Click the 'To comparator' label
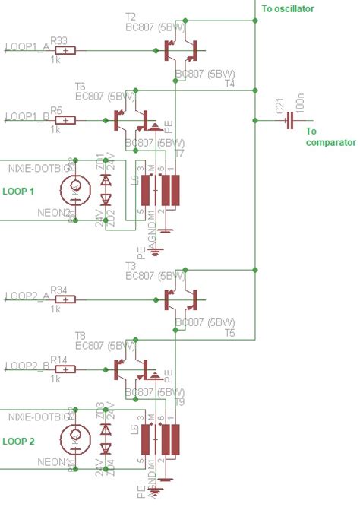(321, 136)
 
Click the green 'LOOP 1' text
(19, 191)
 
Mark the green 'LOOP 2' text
(19, 440)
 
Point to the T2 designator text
(131, 16)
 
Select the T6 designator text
(81, 87)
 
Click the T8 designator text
(81, 335)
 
